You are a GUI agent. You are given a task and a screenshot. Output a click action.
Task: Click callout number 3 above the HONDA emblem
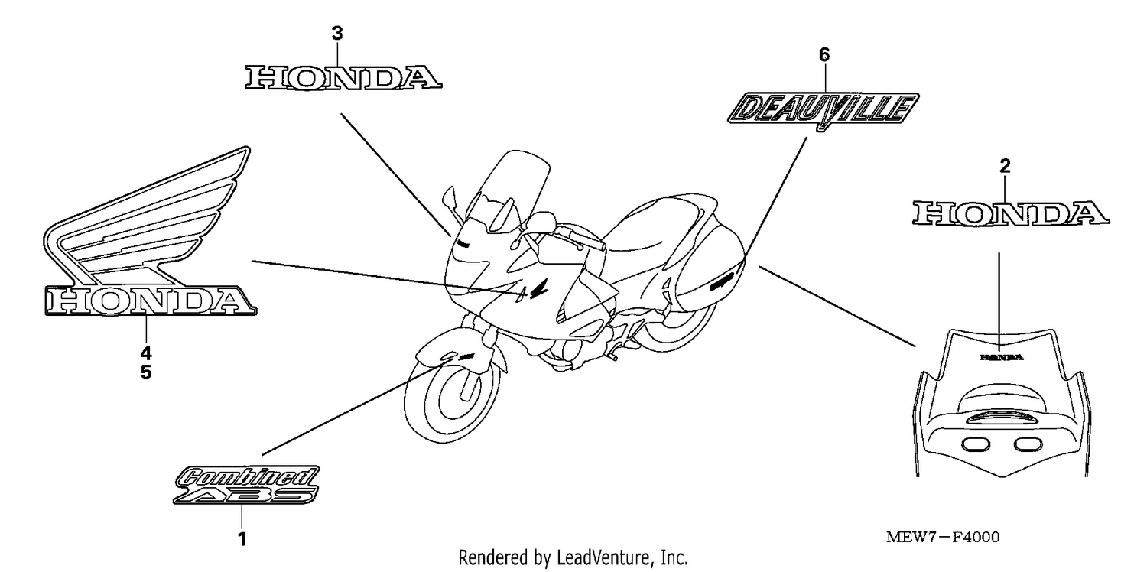(337, 34)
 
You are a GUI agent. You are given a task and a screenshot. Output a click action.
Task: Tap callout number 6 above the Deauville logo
(824, 55)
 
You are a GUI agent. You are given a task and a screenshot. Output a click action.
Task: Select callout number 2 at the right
(1006, 166)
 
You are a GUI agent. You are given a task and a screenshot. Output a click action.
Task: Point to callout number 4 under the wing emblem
(146, 353)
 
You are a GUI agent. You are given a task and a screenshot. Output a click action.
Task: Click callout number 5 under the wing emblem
(146, 372)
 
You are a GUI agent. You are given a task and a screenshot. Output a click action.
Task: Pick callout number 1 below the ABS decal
(242, 539)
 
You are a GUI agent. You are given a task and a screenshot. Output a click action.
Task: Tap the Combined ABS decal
(246, 484)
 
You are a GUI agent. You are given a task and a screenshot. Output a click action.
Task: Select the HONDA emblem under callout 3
(343, 78)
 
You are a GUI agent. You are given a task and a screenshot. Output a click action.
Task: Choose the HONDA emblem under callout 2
(1011, 213)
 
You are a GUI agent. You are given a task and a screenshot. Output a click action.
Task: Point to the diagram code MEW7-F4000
(943, 537)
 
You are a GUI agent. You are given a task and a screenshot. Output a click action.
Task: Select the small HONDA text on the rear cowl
(1002, 357)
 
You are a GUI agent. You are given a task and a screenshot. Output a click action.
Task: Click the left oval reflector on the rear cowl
(976, 444)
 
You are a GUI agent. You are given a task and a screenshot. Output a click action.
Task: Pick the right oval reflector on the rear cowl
(1028, 444)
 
